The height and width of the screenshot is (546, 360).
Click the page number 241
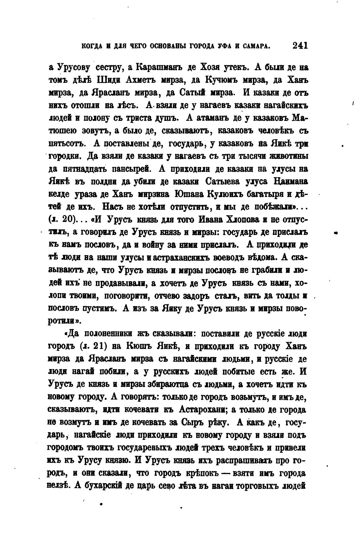(x=300, y=46)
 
